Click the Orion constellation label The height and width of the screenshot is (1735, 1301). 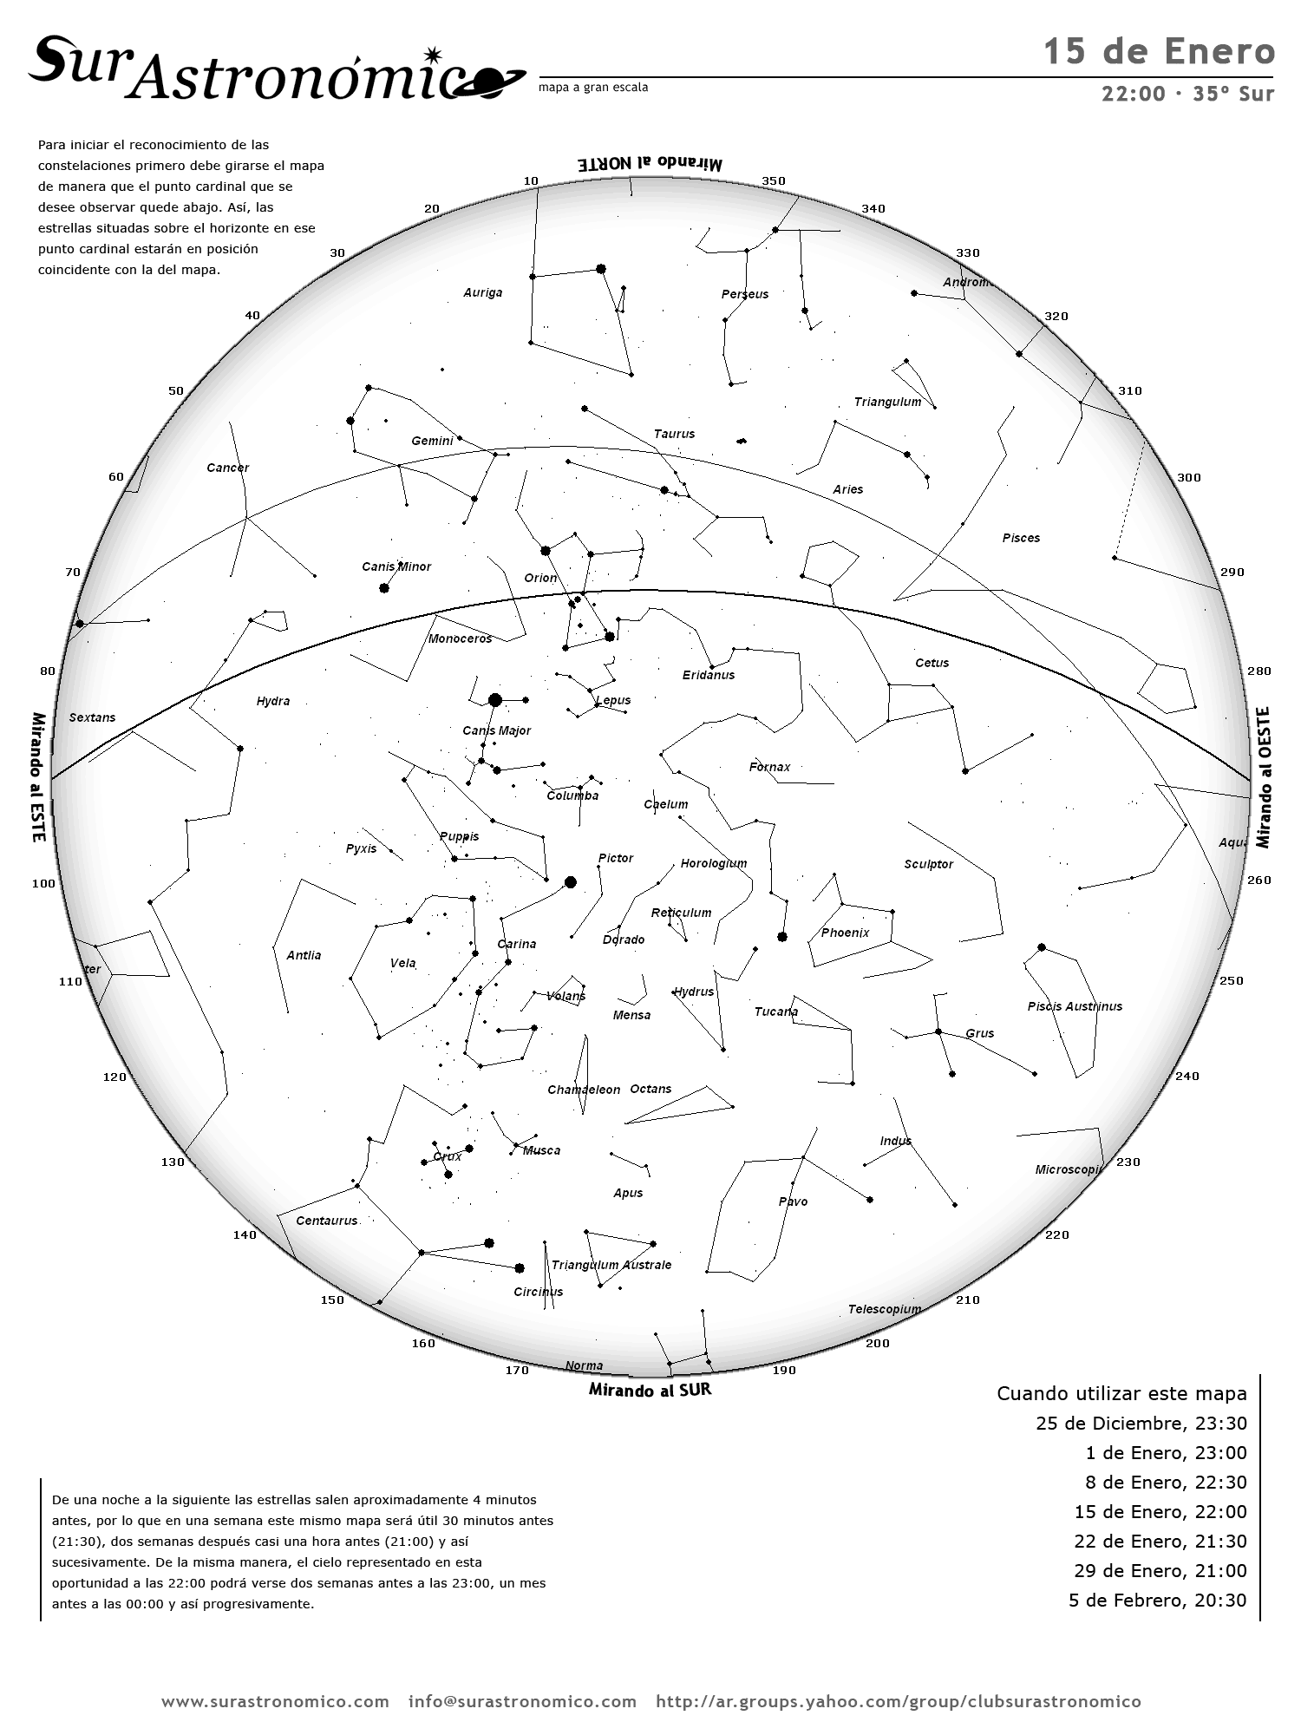540,578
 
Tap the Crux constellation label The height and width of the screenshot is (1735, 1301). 448,1156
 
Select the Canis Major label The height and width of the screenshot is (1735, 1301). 496,730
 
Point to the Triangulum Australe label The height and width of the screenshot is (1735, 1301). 611,1265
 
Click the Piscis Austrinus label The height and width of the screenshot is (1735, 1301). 1075,1006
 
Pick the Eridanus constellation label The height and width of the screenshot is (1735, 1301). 709,675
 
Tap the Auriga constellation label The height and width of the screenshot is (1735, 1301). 482,292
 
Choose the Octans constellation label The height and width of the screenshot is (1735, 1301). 650,1089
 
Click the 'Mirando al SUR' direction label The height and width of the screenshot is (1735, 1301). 650,1389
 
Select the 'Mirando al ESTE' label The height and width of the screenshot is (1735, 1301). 38,777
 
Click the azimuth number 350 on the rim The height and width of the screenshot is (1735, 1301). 774,181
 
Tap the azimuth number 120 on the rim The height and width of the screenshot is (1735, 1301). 114,1077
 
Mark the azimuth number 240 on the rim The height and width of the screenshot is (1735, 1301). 1187,1076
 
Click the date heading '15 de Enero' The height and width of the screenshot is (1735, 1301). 1159,52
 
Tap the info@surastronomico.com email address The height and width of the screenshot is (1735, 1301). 522,1701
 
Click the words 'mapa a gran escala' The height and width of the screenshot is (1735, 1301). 593,88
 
